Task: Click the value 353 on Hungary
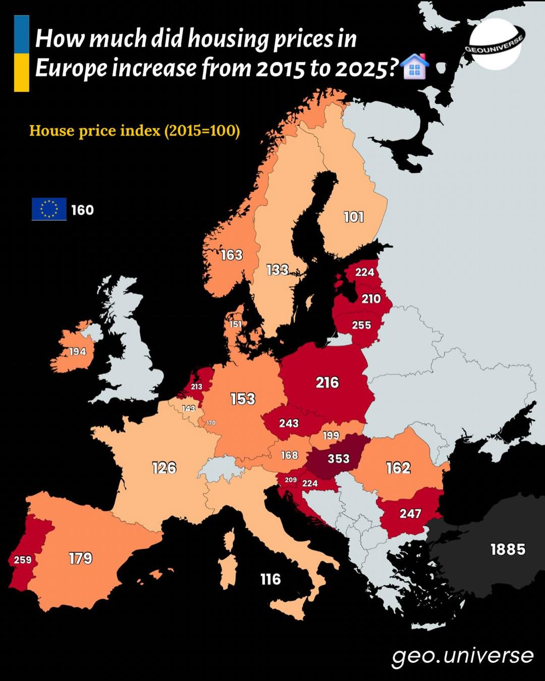338,458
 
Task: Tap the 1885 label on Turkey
508,549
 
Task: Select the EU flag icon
49,209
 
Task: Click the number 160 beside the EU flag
82,210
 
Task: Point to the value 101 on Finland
354,217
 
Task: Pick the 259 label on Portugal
23,559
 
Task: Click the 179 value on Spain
81,558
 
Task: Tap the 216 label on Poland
327,383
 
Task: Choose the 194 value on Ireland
77,351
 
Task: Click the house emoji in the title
415,67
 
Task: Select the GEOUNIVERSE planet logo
495,44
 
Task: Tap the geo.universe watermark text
462,655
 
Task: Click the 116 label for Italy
270,579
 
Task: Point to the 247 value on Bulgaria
410,513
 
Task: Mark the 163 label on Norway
232,255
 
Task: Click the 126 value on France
164,468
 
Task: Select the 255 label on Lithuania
361,325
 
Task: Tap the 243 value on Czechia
289,423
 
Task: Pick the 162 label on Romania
398,468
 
